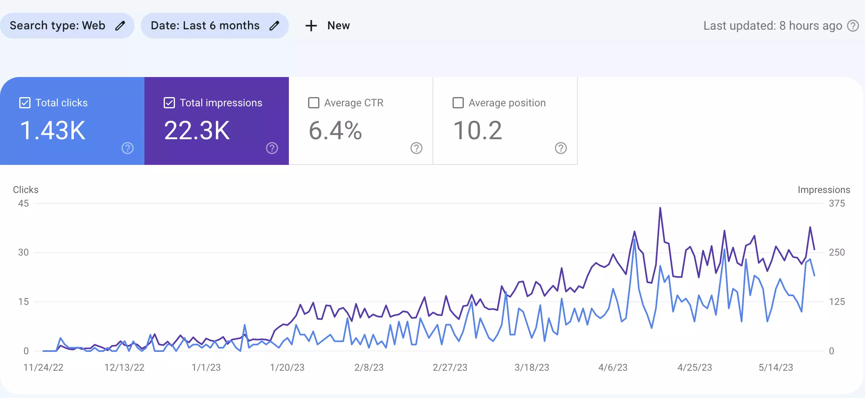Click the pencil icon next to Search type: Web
120,26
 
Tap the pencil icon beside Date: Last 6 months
274,26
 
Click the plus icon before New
311,26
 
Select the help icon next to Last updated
853,26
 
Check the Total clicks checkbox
25,103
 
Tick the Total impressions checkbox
169,103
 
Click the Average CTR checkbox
314,103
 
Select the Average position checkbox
458,103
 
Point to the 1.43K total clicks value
53,130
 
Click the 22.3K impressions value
197,130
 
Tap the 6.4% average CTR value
335,130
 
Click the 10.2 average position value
477,130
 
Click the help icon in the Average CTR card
416,148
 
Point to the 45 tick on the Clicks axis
23,203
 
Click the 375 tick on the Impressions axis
837,203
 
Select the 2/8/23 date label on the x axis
369,368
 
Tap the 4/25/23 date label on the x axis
694,368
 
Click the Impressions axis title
824,190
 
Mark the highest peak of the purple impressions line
660,208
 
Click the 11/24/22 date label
43,368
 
